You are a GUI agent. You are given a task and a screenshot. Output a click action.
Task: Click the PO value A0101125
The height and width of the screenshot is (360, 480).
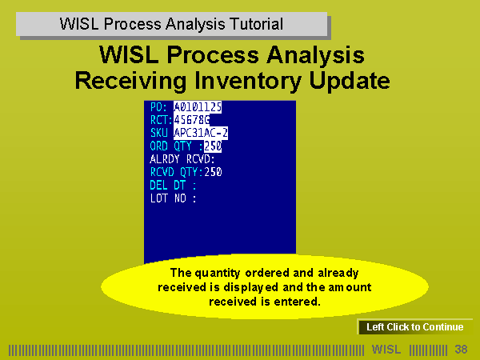pos(198,107)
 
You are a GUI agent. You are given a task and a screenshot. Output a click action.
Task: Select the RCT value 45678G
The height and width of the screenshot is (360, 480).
pos(192,120)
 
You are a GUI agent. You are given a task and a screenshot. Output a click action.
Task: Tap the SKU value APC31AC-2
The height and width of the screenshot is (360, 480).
pos(201,133)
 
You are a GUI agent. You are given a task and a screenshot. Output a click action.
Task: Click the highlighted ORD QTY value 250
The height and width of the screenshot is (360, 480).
pos(213,146)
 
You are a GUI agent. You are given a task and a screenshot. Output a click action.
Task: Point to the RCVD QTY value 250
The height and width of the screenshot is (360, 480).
pos(213,172)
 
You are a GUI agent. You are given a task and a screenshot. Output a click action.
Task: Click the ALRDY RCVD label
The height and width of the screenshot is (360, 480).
pos(182,159)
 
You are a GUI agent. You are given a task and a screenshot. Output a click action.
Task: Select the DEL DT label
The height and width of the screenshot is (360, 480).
pos(173,186)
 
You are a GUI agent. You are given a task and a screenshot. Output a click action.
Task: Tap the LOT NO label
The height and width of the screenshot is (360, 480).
pos(173,198)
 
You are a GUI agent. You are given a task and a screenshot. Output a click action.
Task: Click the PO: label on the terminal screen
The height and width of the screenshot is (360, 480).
pos(158,107)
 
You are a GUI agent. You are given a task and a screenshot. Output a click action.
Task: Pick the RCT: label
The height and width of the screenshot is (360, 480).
pos(162,120)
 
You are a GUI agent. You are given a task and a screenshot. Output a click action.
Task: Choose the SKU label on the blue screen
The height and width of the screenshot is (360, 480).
pos(159,133)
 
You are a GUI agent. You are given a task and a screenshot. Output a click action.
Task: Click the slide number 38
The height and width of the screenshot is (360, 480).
pos(461,349)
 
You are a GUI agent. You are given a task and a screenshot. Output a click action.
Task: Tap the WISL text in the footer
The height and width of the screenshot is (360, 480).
pos(386,349)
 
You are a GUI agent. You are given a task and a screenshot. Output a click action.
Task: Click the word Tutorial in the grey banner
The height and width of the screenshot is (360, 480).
pos(256,24)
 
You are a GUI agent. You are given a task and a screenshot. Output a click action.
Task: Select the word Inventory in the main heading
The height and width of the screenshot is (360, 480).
pos(248,81)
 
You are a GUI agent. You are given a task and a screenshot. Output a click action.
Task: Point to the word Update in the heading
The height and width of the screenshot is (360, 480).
pos(350,81)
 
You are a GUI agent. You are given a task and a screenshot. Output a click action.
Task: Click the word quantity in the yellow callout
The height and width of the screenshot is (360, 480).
pos(218,273)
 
